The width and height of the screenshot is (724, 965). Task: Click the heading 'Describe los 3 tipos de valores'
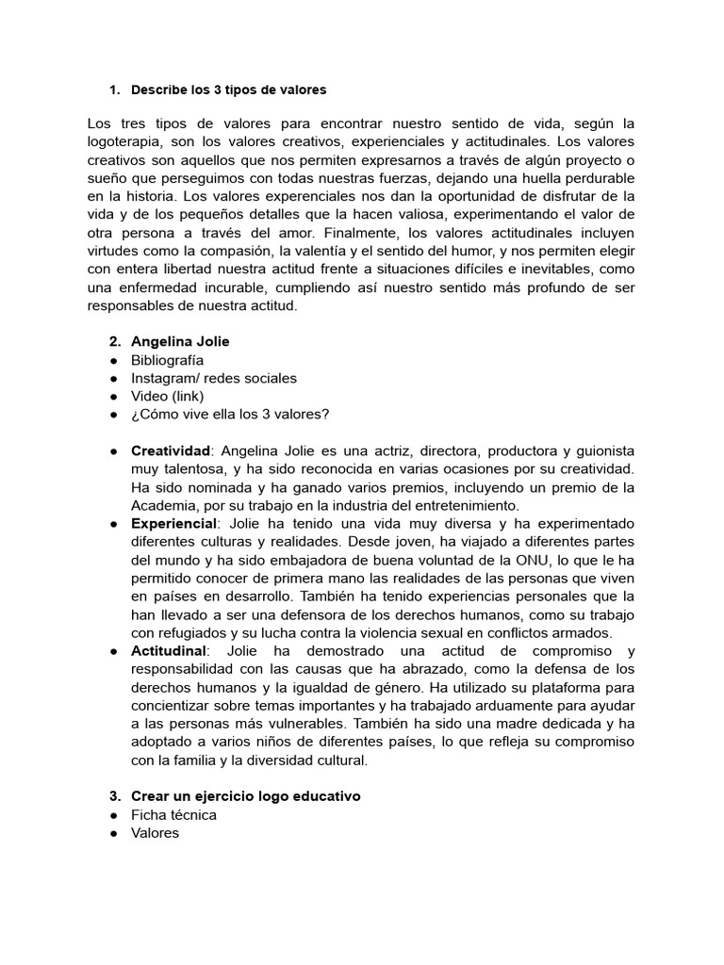point(229,90)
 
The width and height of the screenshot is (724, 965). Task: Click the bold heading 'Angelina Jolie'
point(180,341)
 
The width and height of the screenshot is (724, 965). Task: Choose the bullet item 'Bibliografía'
point(167,360)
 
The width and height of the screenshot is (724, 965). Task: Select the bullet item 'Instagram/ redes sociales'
point(214,378)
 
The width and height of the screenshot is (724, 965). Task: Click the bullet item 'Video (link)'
point(167,396)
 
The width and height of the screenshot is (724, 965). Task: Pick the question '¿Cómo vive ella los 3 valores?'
point(231,414)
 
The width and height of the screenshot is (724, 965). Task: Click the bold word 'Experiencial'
point(174,523)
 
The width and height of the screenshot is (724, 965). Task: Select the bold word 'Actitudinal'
point(170,651)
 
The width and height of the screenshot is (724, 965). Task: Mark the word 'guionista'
point(598,451)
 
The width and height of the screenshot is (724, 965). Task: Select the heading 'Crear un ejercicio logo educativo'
point(246,796)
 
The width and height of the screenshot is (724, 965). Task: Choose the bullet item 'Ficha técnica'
point(173,814)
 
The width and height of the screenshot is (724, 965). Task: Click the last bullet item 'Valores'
point(155,833)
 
